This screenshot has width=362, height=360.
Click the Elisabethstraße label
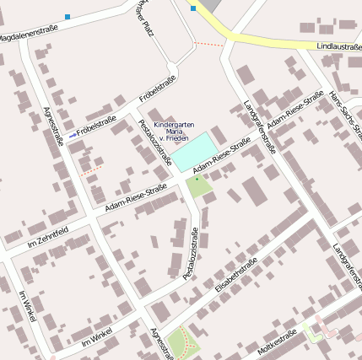(x=235, y=277)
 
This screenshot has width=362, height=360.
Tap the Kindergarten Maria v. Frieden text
(x=174, y=132)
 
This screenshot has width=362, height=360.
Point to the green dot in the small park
(x=197, y=179)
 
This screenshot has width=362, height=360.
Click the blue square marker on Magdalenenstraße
(x=68, y=16)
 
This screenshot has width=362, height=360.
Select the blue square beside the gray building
(x=193, y=8)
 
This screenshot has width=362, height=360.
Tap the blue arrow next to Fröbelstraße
(x=73, y=134)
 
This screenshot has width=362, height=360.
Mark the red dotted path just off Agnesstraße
(x=92, y=169)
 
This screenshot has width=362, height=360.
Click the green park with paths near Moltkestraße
(x=185, y=342)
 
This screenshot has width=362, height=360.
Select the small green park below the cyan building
(x=198, y=185)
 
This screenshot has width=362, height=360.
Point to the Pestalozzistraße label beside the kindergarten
(x=154, y=142)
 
